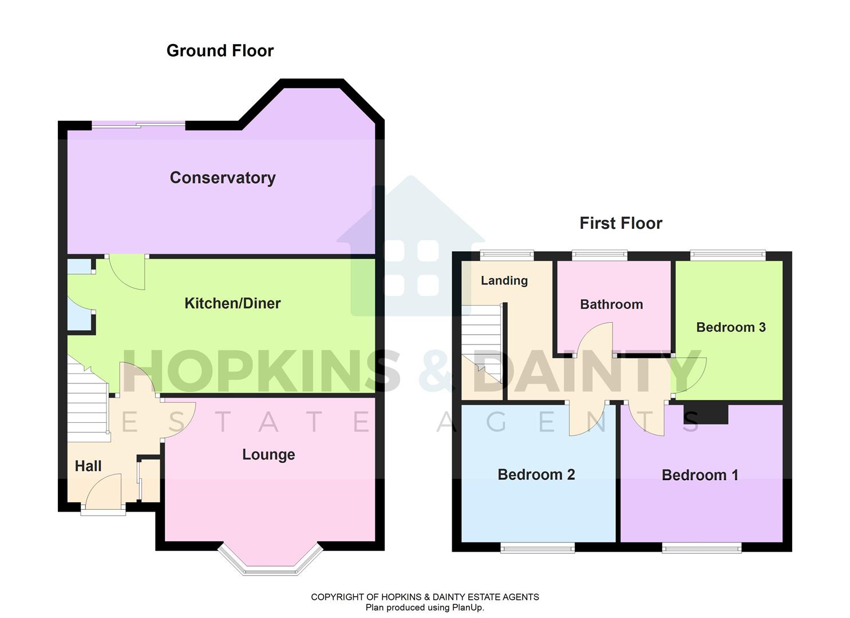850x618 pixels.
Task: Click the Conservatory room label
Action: tap(223, 178)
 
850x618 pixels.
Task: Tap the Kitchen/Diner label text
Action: tap(232, 303)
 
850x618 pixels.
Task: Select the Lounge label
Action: tap(268, 455)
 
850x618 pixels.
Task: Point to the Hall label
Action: tap(88, 466)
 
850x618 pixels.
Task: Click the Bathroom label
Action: tap(611, 304)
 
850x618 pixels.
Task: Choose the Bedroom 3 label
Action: tap(730, 327)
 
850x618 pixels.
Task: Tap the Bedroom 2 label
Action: tap(536, 475)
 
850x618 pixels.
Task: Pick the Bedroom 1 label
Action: tap(699, 476)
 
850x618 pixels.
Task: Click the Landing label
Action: tap(504, 280)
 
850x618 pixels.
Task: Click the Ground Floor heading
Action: tap(220, 51)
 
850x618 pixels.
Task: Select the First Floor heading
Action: tap(620, 223)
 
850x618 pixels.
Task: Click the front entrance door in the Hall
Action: tap(103, 493)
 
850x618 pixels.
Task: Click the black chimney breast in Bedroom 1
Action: tap(706, 413)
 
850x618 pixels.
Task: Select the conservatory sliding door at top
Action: tap(139, 124)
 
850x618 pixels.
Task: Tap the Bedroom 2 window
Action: tap(537, 548)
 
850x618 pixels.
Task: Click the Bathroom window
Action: tap(599, 255)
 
